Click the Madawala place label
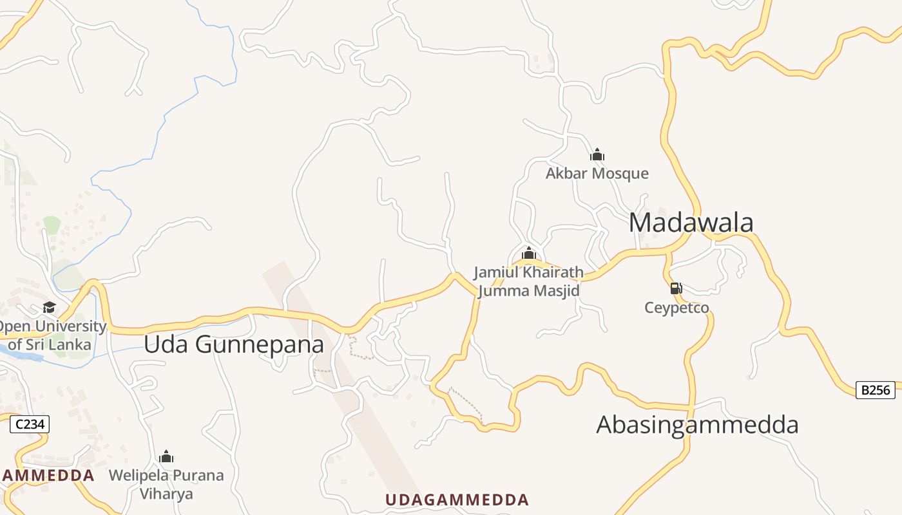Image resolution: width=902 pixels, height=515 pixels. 691,223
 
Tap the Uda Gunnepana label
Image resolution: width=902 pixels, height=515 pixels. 233,344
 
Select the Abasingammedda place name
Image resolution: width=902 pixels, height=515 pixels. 697,425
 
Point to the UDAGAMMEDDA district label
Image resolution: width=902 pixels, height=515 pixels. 457,500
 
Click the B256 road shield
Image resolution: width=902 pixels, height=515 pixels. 875,389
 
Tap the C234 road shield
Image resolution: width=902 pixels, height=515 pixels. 29,424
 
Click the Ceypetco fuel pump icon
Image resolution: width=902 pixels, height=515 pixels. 676,288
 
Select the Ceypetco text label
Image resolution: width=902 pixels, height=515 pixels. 676,308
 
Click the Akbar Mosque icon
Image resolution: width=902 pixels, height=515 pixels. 597,154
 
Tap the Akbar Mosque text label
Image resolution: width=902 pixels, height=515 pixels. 597,173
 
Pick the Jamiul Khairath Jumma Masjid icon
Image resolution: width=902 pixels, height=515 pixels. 529,253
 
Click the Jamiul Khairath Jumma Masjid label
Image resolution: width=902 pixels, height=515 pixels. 529,282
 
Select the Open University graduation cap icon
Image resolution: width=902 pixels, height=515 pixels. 50,307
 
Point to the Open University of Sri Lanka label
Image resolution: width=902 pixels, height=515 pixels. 52,335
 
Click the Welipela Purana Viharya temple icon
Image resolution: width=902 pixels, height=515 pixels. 166,457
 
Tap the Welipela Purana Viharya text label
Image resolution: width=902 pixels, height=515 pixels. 166,485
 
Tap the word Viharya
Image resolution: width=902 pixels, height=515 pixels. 166,494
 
